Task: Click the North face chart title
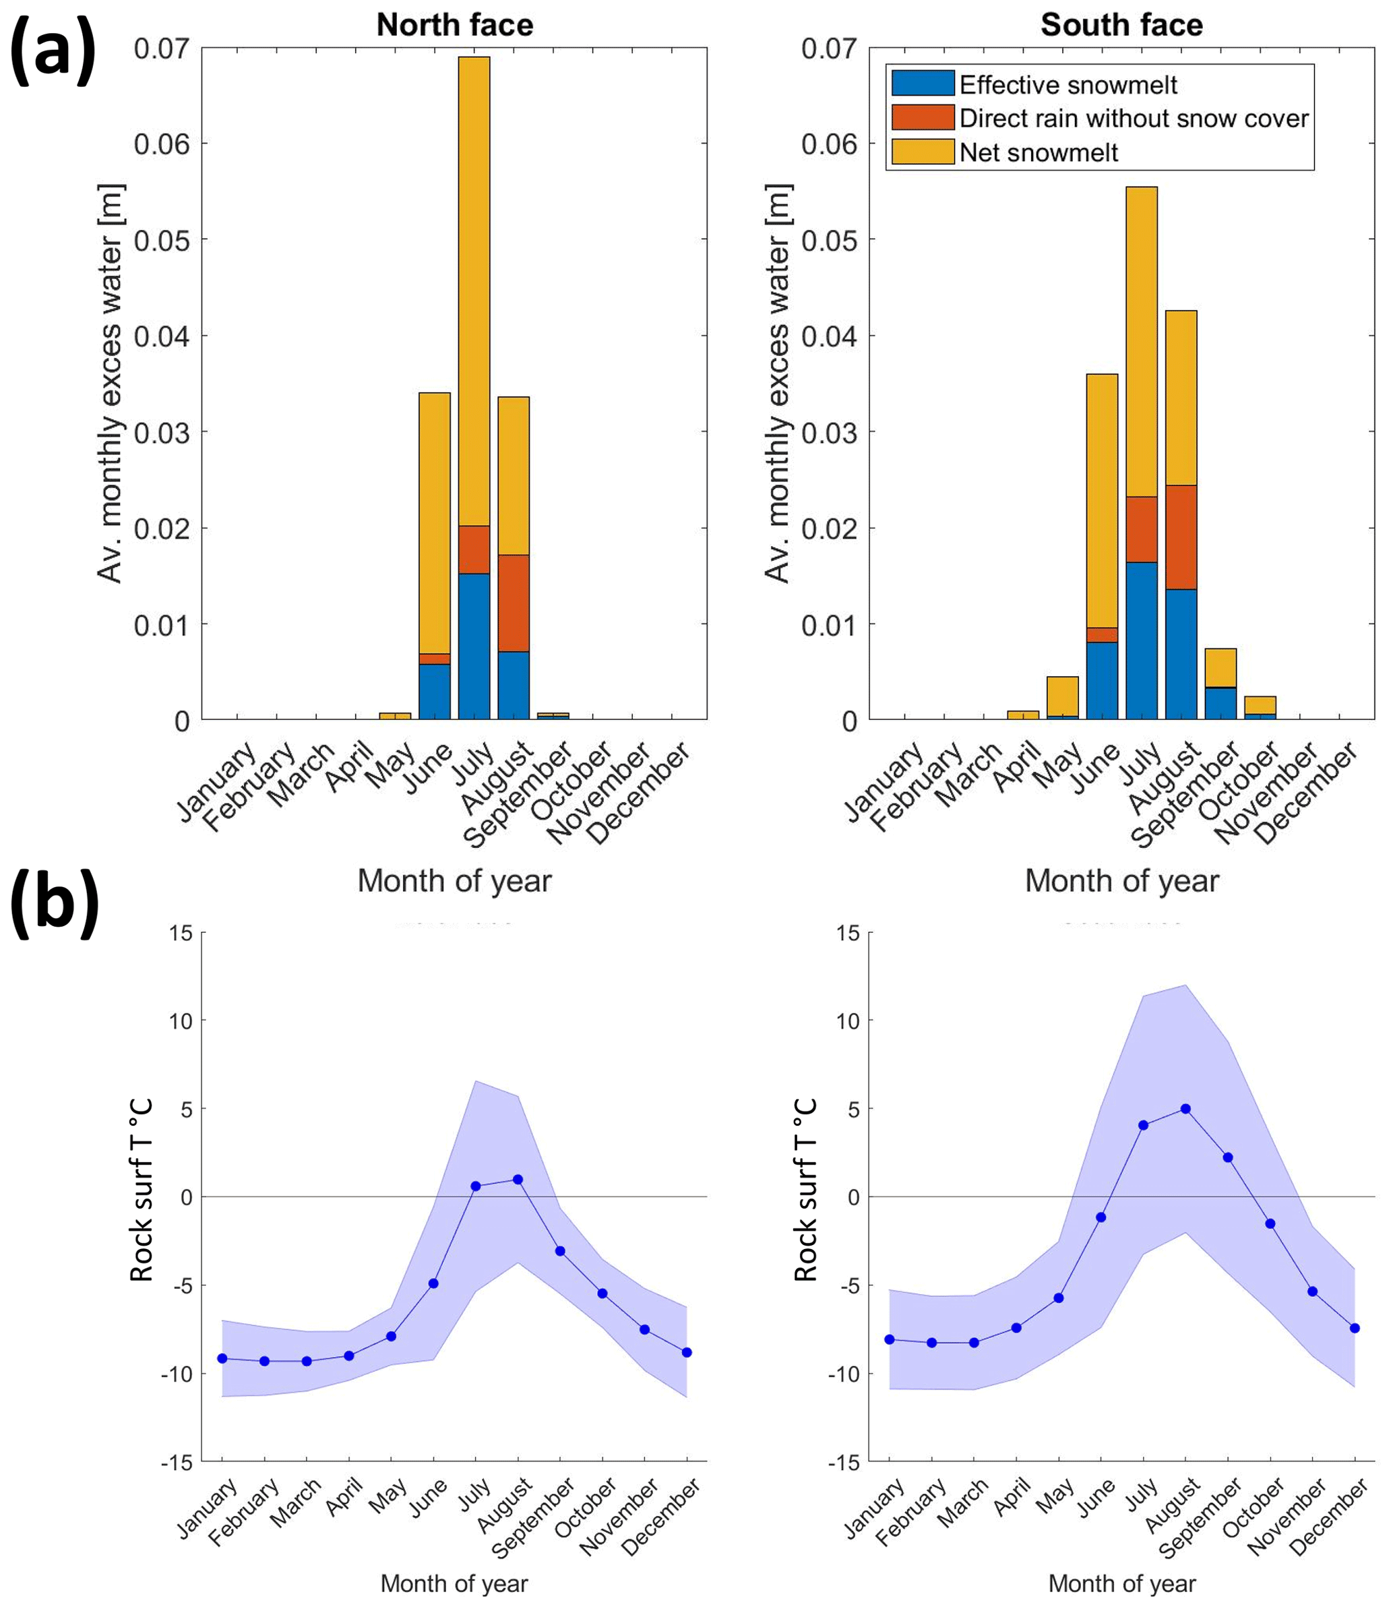pos(455,25)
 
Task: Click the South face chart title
pos(1121,25)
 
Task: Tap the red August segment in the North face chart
pos(513,603)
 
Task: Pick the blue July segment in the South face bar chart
pos(1141,640)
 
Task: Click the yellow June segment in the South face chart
pos(1101,501)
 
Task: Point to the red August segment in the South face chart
pos(1181,537)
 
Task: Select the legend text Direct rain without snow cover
pos(1134,118)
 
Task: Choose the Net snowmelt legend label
pos(1039,152)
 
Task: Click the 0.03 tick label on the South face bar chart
pos(829,432)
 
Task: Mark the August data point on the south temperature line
pos(1185,1110)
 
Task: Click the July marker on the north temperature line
pos(476,1186)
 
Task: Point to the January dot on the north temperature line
pos(222,1358)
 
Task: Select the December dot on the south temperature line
pos(1355,1329)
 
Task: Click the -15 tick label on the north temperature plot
pos(177,1463)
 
